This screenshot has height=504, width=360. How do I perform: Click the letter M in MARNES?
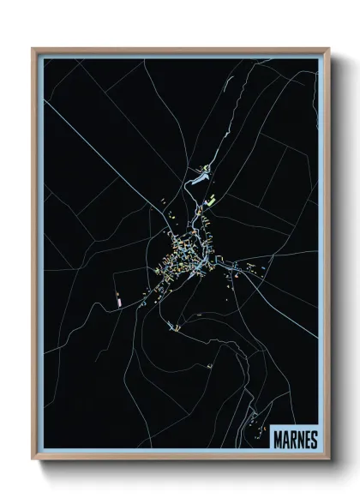[279, 439]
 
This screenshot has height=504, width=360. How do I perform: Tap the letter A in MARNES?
[286, 439]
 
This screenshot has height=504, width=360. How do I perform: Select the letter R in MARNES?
[293, 439]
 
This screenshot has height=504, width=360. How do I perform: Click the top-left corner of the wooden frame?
[33, 49]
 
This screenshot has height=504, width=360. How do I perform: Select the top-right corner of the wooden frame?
[328, 49]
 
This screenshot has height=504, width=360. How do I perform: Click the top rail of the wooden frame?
[180, 49]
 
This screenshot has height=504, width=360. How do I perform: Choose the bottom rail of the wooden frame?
[180, 458]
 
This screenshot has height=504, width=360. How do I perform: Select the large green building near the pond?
[209, 201]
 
